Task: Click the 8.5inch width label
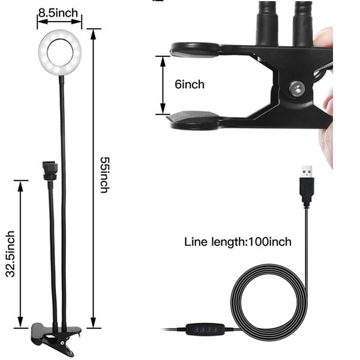(58, 13)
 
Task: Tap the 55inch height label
(104, 175)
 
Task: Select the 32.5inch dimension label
(10, 254)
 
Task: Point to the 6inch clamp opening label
(190, 84)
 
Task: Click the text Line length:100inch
(238, 242)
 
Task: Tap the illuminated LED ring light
(41, 52)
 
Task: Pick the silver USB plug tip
(307, 171)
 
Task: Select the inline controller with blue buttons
(205, 329)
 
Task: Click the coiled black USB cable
(232, 298)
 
